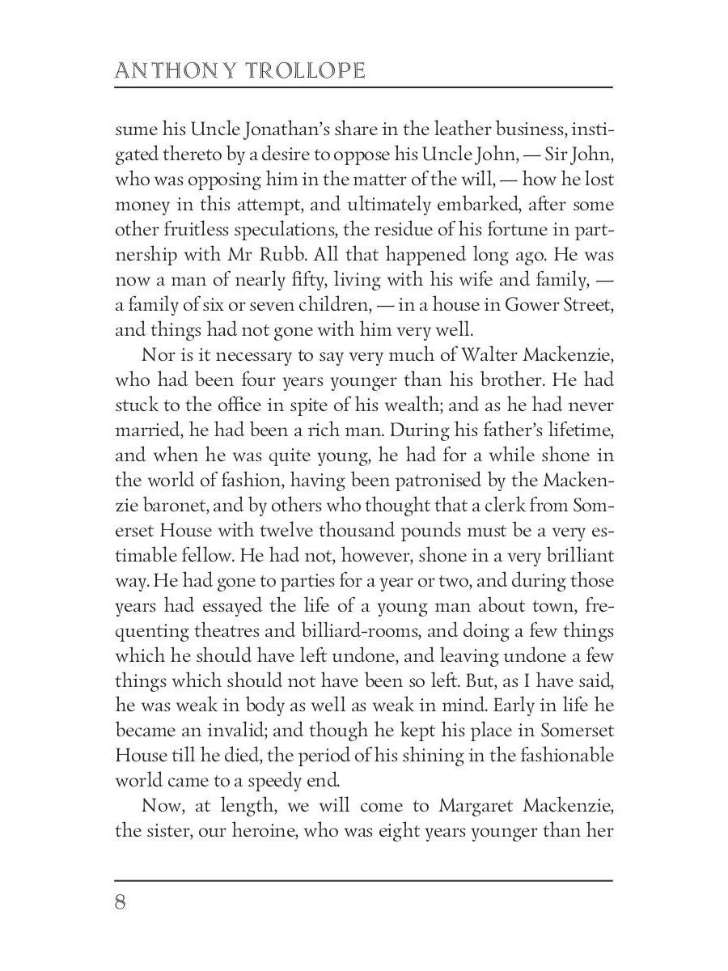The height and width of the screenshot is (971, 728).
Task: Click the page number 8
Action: click(121, 902)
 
